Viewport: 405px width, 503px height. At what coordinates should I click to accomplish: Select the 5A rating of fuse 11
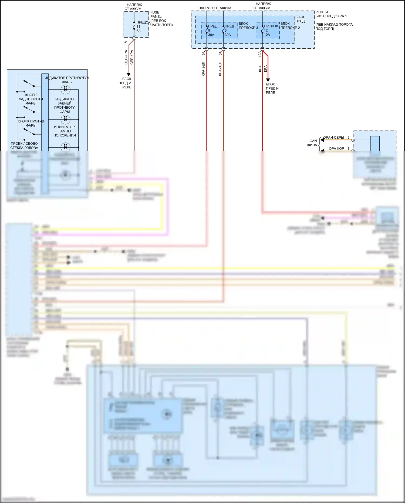point(139,31)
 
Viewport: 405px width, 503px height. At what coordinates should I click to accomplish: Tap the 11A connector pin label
point(126,44)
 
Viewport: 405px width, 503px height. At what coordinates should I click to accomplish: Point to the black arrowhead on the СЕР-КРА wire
point(129,74)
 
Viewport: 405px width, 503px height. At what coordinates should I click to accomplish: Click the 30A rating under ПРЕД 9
point(211,35)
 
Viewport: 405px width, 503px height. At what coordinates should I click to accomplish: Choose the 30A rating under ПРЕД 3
point(228,35)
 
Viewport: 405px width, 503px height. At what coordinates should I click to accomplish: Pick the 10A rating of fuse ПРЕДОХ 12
point(267,35)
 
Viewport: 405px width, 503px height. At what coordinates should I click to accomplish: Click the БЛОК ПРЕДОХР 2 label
point(290,26)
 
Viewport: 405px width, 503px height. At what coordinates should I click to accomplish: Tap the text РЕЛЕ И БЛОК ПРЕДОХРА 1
point(331,14)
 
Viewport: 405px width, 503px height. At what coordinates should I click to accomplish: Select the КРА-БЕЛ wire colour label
point(203,69)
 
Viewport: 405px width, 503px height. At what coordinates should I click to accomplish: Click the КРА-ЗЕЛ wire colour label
point(220,69)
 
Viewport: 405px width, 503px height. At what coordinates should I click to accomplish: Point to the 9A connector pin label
point(204,53)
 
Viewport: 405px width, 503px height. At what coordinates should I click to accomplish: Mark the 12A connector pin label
point(260,54)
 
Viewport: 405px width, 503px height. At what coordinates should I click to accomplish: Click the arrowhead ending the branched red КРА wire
point(268,80)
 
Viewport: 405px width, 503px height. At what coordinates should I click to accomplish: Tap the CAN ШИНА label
point(312,143)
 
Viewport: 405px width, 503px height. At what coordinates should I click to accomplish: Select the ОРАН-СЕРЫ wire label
point(334,137)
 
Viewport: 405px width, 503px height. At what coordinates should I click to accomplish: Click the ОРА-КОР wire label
point(336,148)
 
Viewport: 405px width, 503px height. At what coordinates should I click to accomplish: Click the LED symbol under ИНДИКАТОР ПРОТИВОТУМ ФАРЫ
point(65,89)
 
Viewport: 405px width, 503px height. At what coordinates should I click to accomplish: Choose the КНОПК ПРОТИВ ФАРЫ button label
point(31,123)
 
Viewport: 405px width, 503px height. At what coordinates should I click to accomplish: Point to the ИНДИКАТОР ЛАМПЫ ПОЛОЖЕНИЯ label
point(65,131)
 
